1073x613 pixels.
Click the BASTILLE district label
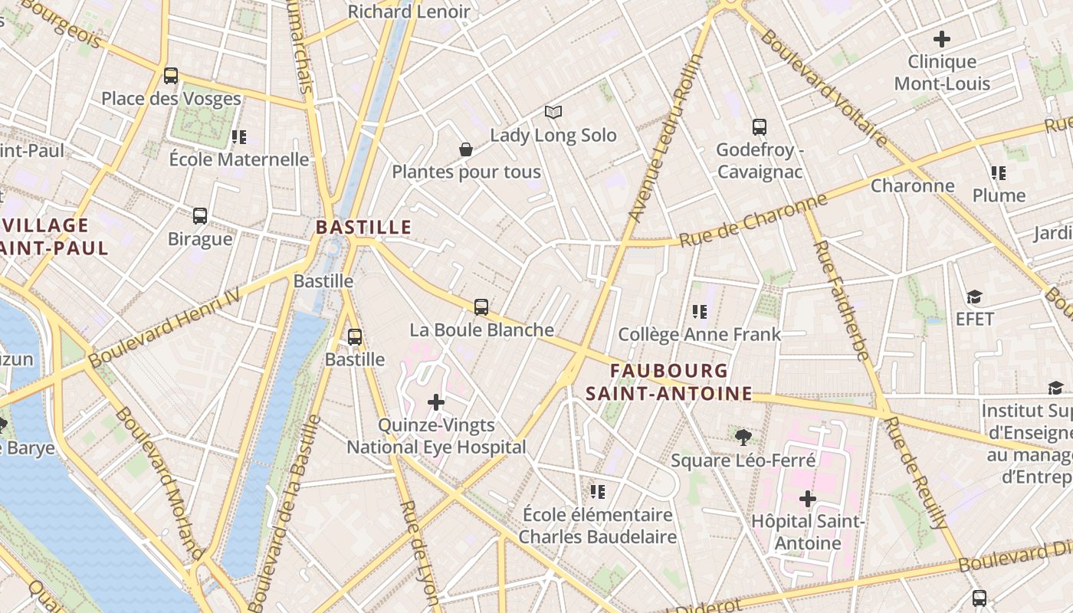pos(363,228)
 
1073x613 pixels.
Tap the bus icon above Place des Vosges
pos(170,76)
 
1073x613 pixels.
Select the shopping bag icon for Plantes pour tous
pos(465,149)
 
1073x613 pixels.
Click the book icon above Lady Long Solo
pos(553,113)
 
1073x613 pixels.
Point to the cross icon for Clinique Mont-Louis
pos(942,38)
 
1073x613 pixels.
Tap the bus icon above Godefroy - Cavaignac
pos(759,126)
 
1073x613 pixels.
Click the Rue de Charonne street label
pos(753,220)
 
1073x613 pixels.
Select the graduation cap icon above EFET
pos(974,297)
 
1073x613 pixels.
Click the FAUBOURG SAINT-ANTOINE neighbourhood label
pos(668,382)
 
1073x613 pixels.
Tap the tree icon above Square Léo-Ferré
pos(742,438)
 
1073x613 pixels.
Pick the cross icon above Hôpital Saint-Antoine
pos(807,500)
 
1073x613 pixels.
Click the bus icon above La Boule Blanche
pos(481,307)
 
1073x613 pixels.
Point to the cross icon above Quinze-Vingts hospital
pos(436,402)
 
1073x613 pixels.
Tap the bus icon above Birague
pos(200,216)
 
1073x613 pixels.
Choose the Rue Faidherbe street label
pos(840,300)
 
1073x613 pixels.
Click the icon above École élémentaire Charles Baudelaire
pos(598,491)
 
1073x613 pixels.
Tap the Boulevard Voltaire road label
pos(824,88)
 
